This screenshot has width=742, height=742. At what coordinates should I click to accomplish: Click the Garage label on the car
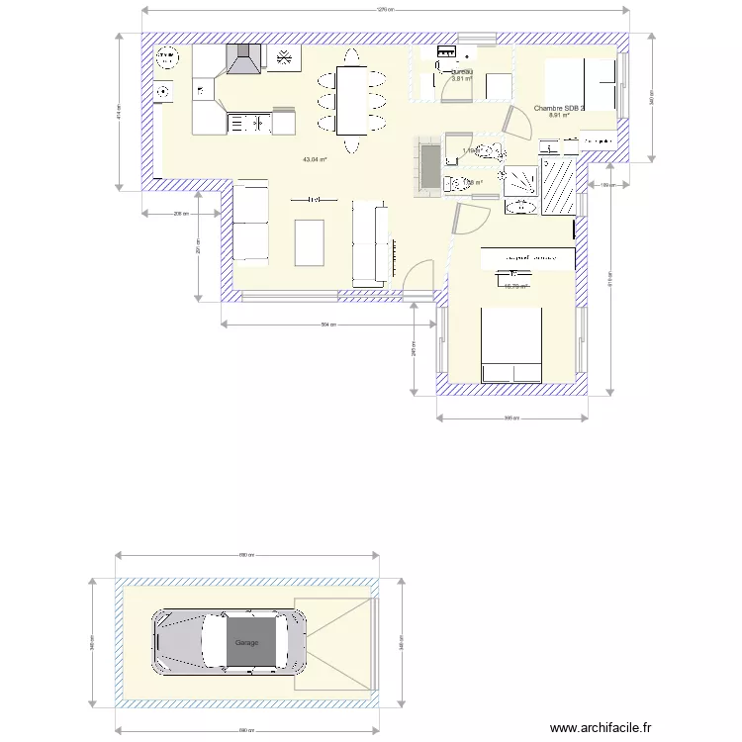pos(246,643)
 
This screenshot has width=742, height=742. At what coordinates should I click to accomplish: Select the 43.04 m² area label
pos(315,159)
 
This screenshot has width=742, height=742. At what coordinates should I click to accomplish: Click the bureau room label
pos(461,72)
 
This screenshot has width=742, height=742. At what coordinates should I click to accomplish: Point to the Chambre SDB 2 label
pos(559,109)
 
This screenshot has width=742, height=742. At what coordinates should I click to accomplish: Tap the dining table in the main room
pos(351,99)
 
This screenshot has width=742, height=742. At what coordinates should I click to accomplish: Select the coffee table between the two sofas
pos(310,241)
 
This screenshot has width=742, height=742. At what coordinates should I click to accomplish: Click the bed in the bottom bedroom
pos(511,344)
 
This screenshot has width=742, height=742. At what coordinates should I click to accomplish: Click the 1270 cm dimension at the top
pos(385,11)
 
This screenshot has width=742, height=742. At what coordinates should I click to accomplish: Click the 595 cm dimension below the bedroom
pos(511,417)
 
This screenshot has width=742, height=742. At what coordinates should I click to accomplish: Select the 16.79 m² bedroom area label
pos(515,287)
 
